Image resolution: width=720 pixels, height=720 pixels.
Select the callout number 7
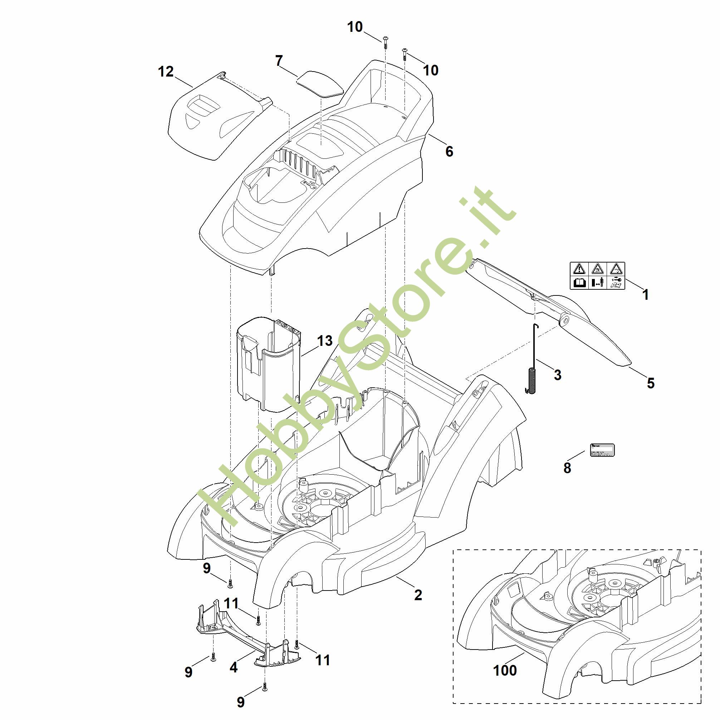279,60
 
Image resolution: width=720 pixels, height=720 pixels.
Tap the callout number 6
450,151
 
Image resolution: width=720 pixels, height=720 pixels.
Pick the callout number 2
418,595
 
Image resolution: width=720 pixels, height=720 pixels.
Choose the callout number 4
234,667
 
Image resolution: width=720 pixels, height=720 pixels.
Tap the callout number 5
651,383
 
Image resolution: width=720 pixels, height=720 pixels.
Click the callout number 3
558,375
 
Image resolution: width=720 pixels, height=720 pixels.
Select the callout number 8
567,468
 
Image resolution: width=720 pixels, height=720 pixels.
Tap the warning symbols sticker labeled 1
597,275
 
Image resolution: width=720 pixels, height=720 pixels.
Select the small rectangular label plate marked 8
602,450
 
